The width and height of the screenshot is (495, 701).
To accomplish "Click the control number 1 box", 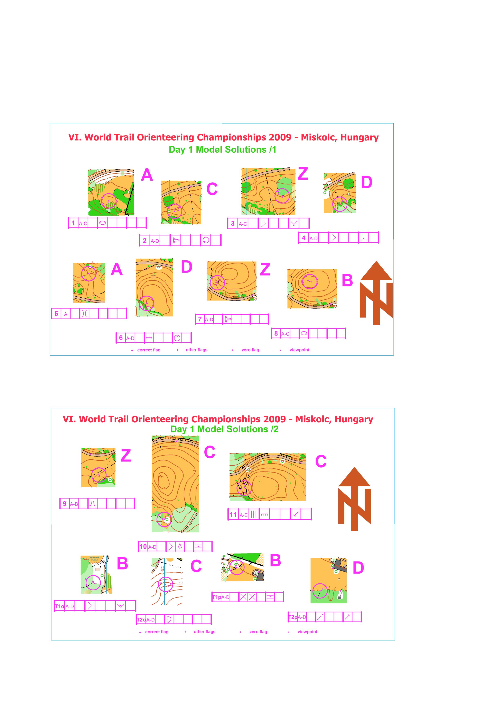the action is click(73, 223).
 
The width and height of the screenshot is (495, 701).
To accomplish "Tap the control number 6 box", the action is click(121, 338).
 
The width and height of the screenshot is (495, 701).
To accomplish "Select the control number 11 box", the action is click(233, 514).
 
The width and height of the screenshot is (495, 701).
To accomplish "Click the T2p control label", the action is click(293, 617).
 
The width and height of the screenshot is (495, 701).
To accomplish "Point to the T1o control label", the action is click(59, 606).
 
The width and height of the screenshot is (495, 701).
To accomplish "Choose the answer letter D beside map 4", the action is click(367, 182).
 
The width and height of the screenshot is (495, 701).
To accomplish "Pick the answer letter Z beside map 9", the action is click(126, 456).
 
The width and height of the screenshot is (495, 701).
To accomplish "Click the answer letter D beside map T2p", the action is click(358, 568).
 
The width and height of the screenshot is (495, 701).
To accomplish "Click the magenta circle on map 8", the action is click(310, 281).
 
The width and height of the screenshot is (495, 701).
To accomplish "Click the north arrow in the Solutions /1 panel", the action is click(376, 293).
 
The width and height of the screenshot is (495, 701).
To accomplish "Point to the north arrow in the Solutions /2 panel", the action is click(354, 499).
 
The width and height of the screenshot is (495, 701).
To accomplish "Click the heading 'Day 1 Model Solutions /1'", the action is click(222, 150).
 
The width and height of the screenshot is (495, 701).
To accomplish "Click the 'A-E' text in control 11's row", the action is click(243, 515).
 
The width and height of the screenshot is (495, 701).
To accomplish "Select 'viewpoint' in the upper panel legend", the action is click(299, 350).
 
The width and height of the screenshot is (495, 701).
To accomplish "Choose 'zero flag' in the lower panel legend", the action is click(258, 632).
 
